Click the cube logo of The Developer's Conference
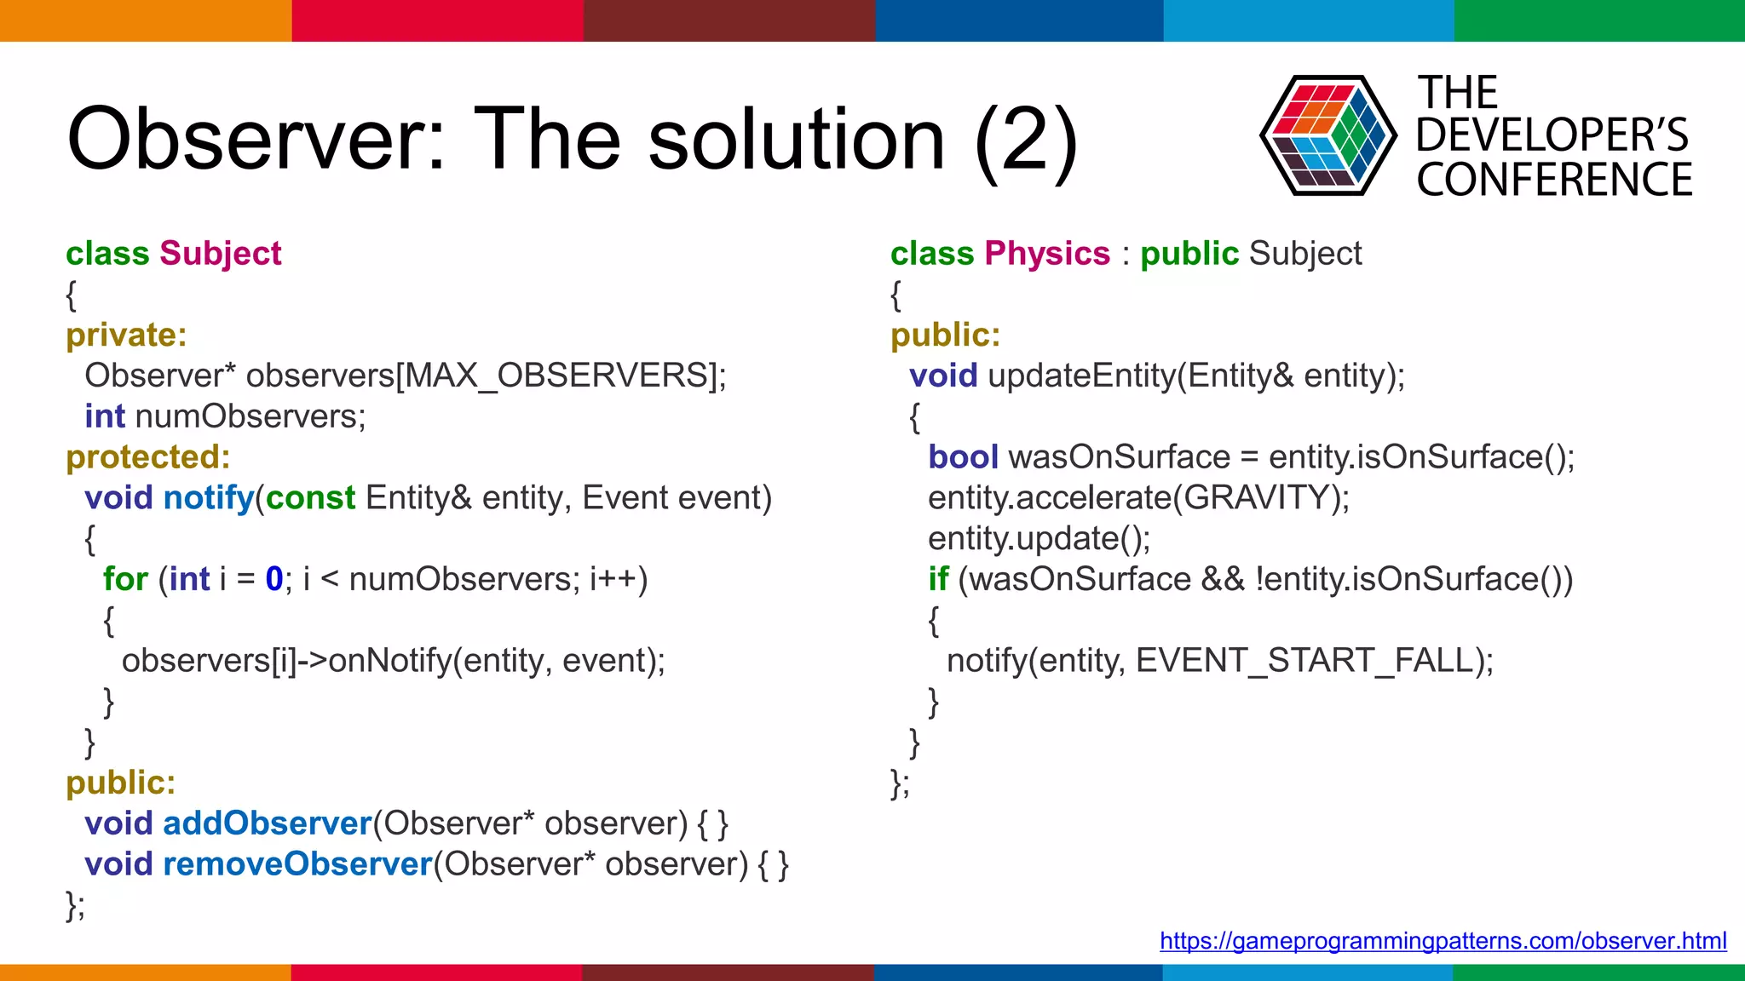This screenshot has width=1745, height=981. (1327, 135)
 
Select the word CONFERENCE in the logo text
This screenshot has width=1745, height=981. (1554, 180)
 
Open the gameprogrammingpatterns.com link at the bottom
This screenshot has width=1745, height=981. (1443, 941)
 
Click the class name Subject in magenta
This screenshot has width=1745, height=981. (220, 254)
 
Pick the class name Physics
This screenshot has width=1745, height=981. (1047, 254)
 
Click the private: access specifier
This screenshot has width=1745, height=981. (126, 335)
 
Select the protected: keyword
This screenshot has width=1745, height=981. (148, 457)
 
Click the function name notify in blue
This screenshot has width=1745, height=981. (209, 498)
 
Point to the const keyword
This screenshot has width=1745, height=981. (310, 498)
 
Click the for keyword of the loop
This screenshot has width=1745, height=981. (125, 579)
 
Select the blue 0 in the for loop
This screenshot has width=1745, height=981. (274, 579)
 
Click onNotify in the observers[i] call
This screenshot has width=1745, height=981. (389, 661)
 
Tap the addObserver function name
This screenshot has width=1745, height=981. (268, 823)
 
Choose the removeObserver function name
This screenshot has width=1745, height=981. (297, 864)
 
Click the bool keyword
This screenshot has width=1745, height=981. (963, 457)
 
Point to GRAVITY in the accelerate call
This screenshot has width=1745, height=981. (1257, 498)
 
